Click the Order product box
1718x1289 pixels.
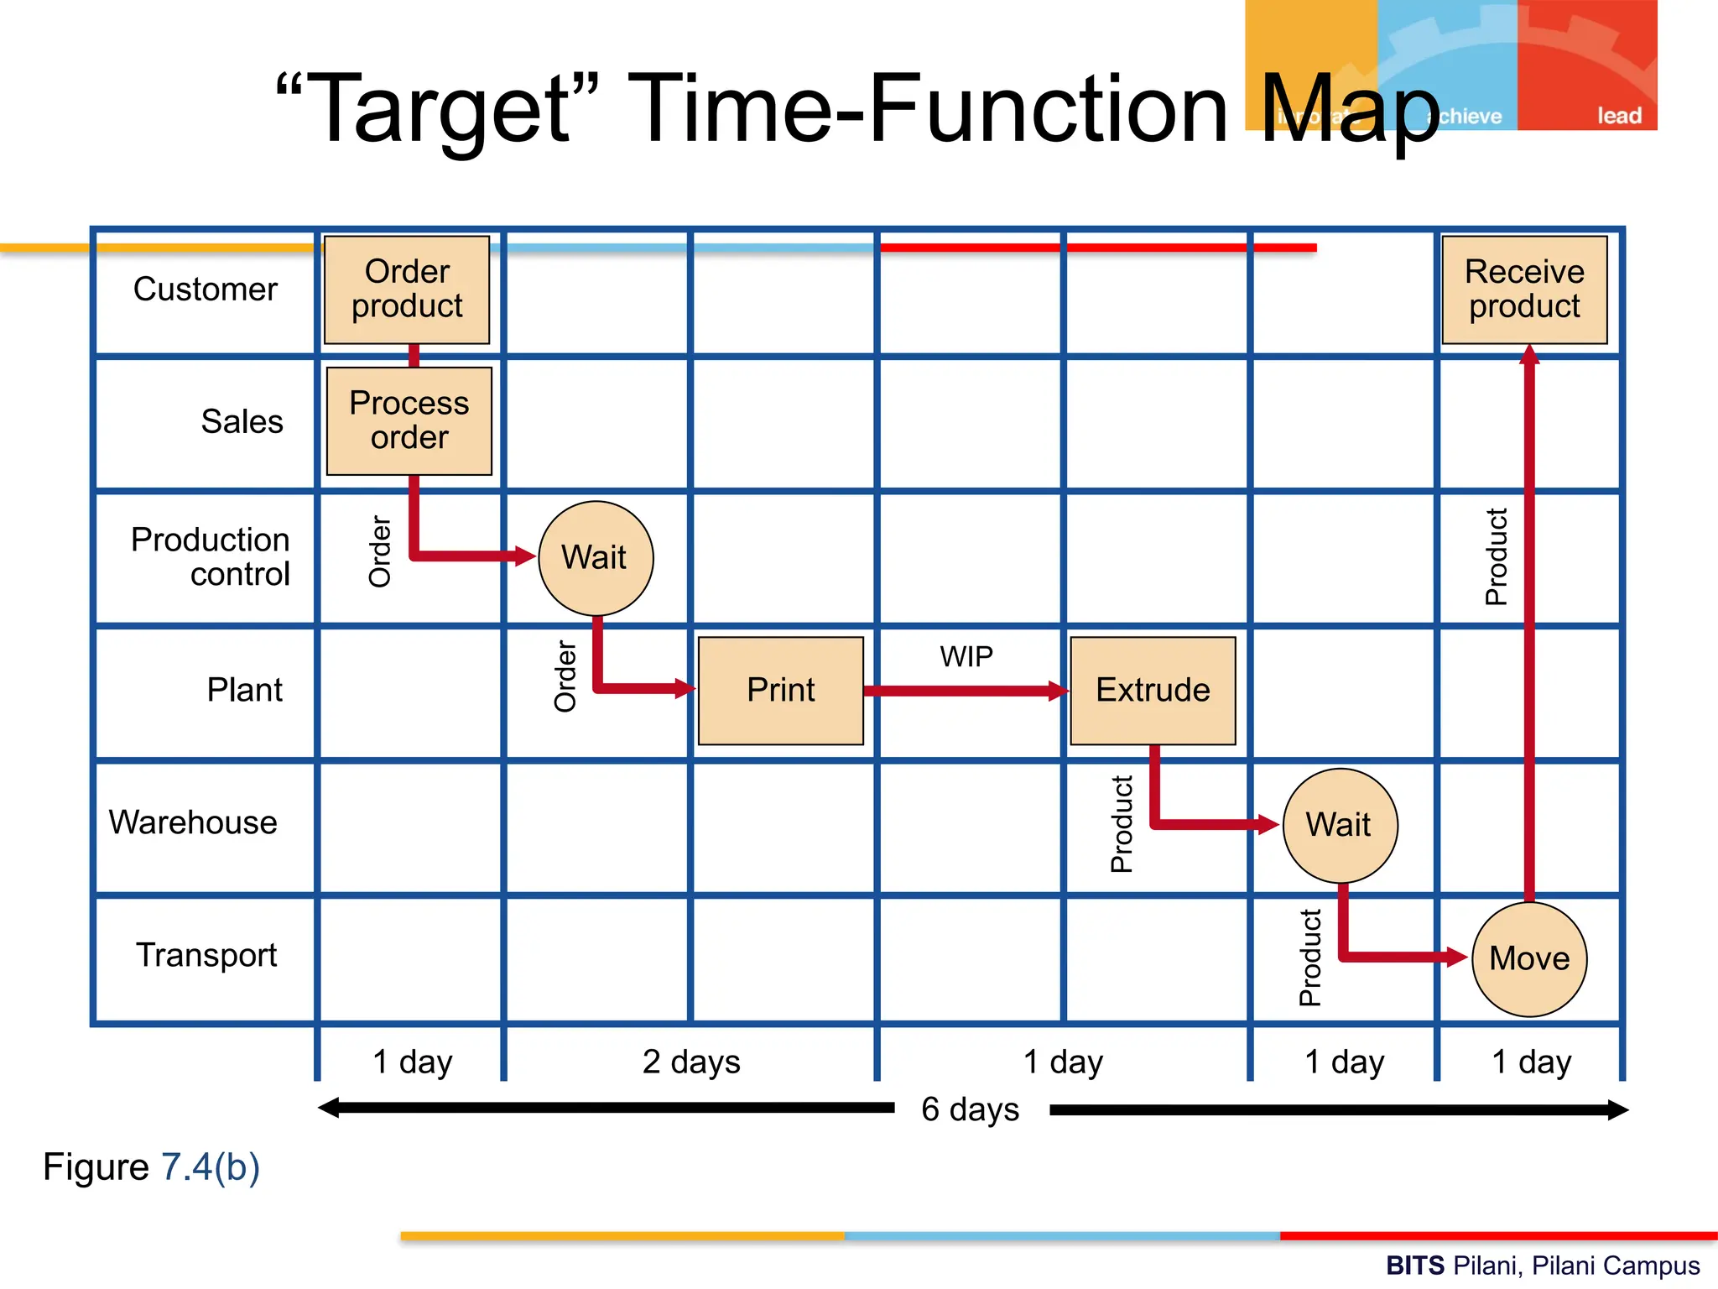pyautogui.click(x=407, y=290)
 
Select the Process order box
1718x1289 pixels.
pyautogui.click(x=409, y=420)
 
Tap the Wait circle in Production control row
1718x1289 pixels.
pyautogui.click(x=595, y=558)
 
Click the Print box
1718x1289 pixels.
pyautogui.click(x=780, y=691)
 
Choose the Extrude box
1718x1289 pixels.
pyautogui.click(x=1153, y=691)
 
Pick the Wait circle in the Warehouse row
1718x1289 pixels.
pyautogui.click(x=1340, y=825)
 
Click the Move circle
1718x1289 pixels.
pyautogui.click(x=1529, y=958)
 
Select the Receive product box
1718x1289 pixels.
pyautogui.click(x=1524, y=290)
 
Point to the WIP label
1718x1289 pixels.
pyautogui.click(x=966, y=656)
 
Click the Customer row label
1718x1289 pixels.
pyautogui.click(x=206, y=290)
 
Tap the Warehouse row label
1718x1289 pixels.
pyautogui.click(x=193, y=822)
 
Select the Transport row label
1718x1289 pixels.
pyautogui.click(x=206, y=955)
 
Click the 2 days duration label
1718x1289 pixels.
pyautogui.click(x=691, y=1062)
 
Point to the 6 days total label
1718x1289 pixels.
pyautogui.click(x=970, y=1109)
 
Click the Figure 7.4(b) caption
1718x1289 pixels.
pyautogui.click(x=152, y=1167)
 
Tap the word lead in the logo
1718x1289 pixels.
pyautogui.click(x=1618, y=116)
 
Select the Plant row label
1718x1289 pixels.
pyautogui.click(x=244, y=690)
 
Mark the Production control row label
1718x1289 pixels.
pyautogui.click(x=211, y=556)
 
